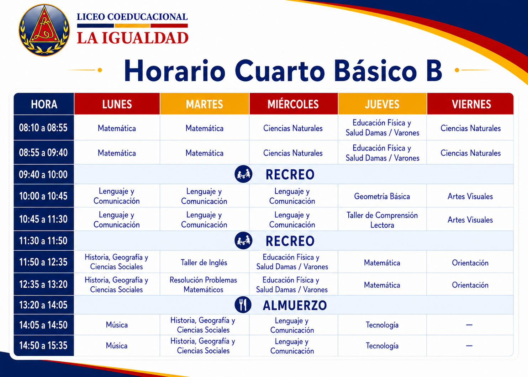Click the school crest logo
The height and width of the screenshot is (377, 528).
[x=44, y=30]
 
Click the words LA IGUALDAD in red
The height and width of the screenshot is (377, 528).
[x=133, y=38]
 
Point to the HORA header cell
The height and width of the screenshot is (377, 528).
[x=44, y=104]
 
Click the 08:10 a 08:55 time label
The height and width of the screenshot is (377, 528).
[x=43, y=128]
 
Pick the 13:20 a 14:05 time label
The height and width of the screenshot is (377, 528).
[x=43, y=305]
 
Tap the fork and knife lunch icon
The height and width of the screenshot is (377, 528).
[x=243, y=305]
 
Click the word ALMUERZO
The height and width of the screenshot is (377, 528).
[x=295, y=306]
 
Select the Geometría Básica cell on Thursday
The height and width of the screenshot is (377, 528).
[x=382, y=196]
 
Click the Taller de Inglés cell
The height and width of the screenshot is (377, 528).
[x=204, y=262]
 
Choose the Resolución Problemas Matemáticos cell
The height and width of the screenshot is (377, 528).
[x=203, y=285]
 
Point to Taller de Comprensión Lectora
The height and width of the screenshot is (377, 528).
[x=382, y=220]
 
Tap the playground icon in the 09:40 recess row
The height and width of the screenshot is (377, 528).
[x=243, y=174]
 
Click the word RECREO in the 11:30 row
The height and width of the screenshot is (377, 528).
[x=290, y=241]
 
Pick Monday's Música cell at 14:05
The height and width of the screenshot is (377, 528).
[x=117, y=325]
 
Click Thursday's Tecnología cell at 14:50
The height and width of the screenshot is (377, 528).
[x=382, y=346]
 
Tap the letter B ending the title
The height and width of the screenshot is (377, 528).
[x=434, y=71]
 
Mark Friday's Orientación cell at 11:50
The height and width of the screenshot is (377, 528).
[x=470, y=263]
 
